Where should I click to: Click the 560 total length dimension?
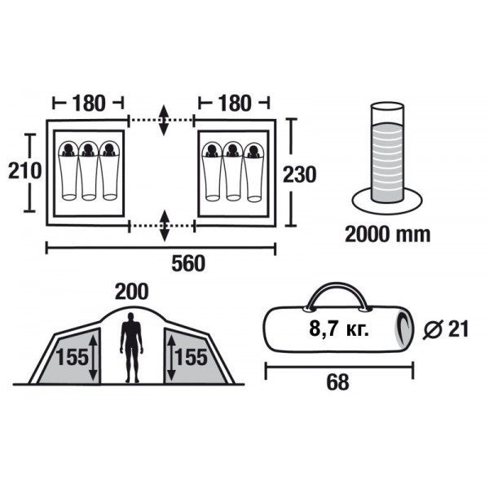tap(188, 263)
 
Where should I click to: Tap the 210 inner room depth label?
tap(24, 170)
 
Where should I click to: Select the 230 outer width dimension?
tap(299, 174)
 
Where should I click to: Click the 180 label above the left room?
tap(89, 104)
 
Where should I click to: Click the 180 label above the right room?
tap(234, 104)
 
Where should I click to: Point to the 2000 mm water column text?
tap(388, 234)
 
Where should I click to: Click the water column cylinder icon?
tap(387, 158)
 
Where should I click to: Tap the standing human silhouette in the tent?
tap(131, 347)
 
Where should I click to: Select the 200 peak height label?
tap(131, 292)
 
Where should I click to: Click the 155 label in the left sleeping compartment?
tap(72, 358)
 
